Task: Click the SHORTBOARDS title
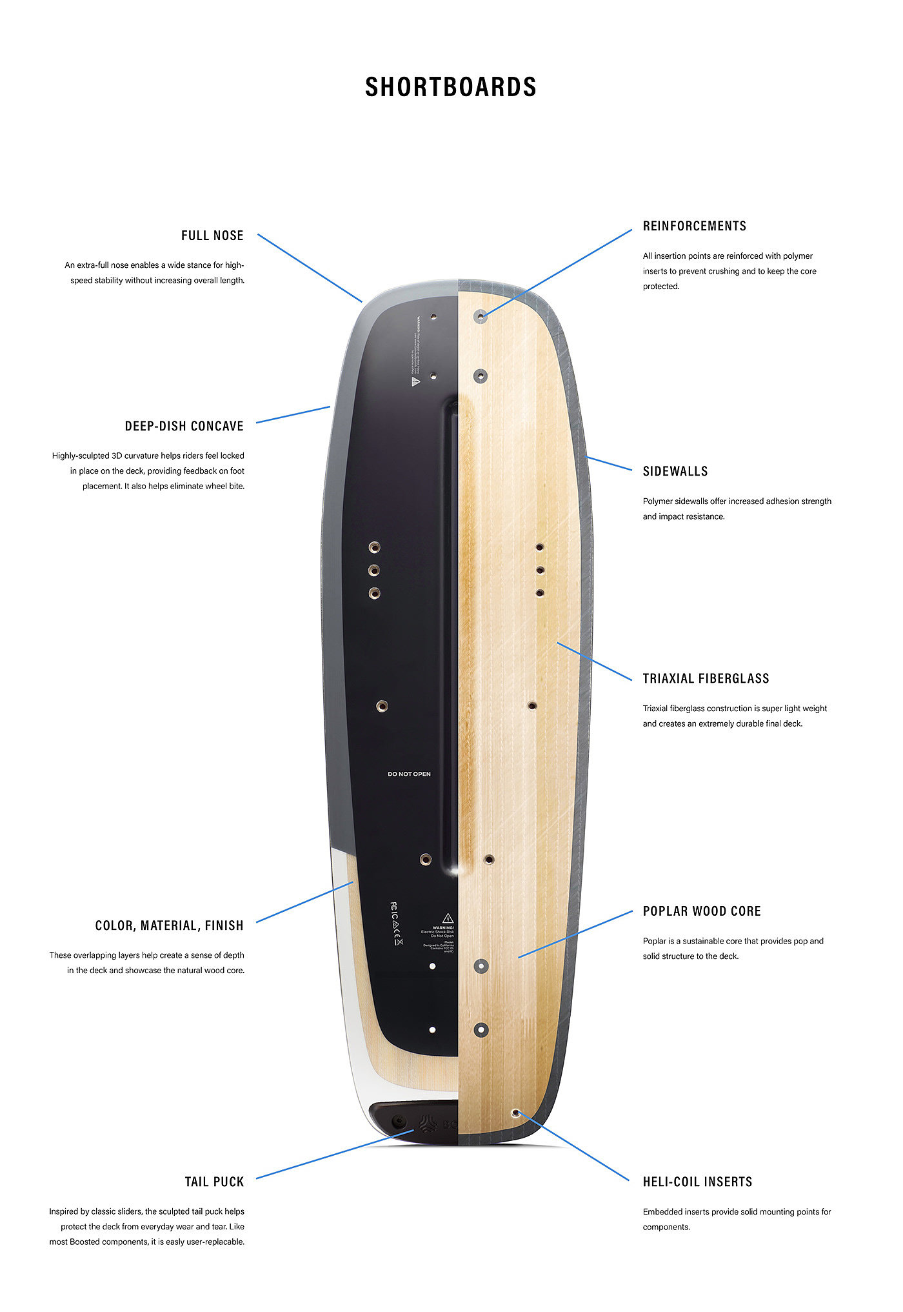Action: coord(450,87)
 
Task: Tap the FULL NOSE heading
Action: coord(212,236)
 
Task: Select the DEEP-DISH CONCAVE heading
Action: coord(184,426)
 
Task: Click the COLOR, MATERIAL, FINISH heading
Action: coord(170,925)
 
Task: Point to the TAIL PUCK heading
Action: coord(214,1182)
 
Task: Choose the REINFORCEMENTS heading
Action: coord(694,226)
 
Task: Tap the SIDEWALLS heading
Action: coord(675,471)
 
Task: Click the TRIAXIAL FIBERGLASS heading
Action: coord(706,678)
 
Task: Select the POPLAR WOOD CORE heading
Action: coord(702,911)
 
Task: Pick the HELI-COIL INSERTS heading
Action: coord(697,1182)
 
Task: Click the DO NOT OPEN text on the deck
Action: coord(409,774)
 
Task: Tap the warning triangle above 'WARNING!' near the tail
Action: coord(448,918)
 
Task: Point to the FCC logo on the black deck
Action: coord(394,907)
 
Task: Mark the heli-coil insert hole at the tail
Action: coord(515,1113)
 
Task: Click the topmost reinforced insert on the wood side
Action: coord(481,316)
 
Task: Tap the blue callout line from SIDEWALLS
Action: coord(610,463)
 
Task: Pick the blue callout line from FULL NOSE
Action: coord(310,268)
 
